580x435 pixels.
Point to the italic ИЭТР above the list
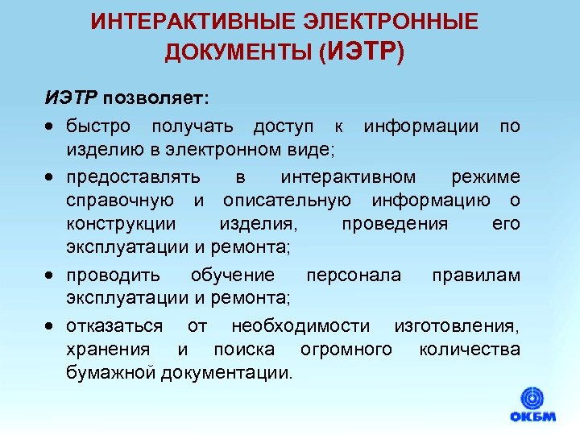70,98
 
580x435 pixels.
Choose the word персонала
353,275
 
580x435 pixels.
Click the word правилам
475,275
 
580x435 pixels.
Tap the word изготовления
456,325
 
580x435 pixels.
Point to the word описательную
292,201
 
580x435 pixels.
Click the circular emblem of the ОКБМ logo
532,398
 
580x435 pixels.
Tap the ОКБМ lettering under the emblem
532,418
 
